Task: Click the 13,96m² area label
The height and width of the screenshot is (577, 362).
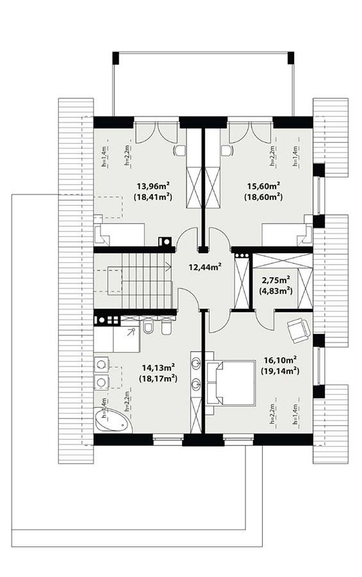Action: [x=153, y=187]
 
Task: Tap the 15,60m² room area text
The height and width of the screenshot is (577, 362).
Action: [x=263, y=187]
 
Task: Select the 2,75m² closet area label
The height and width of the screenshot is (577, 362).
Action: [x=276, y=279]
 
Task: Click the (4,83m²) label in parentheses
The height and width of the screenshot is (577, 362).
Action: [x=276, y=290]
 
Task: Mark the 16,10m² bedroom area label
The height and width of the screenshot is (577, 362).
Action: [x=279, y=360]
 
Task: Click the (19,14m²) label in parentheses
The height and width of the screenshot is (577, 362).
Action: [x=279, y=371]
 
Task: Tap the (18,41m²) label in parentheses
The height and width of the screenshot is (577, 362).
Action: [x=153, y=197]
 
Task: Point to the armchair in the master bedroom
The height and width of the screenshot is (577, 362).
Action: [x=298, y=329]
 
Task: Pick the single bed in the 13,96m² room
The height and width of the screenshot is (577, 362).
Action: [x=119, y=234]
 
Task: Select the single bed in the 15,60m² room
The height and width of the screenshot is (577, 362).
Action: [x=286, y=234]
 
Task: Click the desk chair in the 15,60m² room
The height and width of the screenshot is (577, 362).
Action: [x=226, y=150]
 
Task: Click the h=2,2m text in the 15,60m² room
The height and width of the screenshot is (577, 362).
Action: [x=272, y=156]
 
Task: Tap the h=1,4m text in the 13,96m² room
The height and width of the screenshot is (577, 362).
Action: [x=104, y=156]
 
